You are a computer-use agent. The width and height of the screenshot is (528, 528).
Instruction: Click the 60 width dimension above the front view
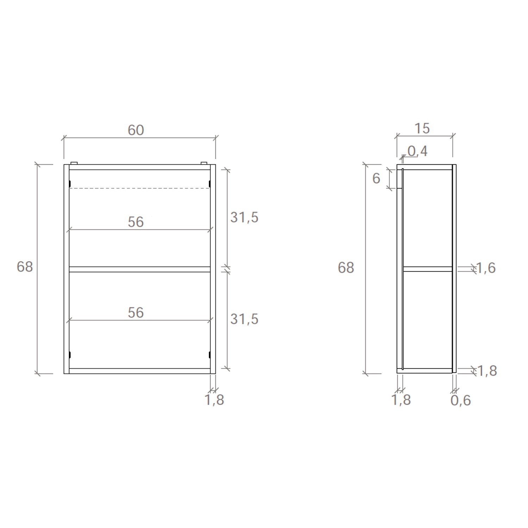pyautogui.click(x=136, y=130)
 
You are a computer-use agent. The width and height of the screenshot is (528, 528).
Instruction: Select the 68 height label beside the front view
pyautogui.click(x=25, y=267)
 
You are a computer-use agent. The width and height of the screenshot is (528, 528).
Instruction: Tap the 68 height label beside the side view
pyautogui.click(x=346, y=268)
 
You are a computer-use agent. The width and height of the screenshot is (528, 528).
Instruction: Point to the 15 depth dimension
pyautogui.click(x=422, y=128)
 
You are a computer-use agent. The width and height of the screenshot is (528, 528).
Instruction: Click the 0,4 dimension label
pyautogui.click(x=417, y=151)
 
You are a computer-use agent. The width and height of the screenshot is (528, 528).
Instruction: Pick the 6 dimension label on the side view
pyautogui.click(x=376, y=178)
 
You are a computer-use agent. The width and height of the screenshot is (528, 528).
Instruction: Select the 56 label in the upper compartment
pyautogui.click(x=136, y=222)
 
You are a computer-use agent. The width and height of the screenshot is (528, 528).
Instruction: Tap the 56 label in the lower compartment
pyautogui.click(x=136, y=313)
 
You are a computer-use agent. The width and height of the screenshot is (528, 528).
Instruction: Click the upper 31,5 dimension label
pyautogui.click(x=244, y=218)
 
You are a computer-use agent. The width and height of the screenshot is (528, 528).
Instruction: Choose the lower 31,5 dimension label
pyautogui.click(x=244, y=319)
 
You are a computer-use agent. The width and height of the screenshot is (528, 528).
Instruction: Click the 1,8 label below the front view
pyautogui.click(x=214, y=400)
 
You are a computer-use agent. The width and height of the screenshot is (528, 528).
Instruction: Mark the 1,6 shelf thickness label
pyautogui.click(x=485, y=268)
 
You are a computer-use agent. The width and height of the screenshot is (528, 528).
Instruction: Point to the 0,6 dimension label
pyautogui.click(x=460, y=400)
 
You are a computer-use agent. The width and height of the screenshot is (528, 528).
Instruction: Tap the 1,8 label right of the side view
pyautogui.click(x=486, y=371)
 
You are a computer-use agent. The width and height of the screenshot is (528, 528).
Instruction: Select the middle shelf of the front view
pyautogui.click(x=139, y=270)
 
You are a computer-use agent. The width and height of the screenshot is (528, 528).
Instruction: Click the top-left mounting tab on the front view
pyautogui.click(x=74, y=163)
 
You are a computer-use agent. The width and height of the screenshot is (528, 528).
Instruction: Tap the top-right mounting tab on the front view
pyautogui.click(x=204, y=163)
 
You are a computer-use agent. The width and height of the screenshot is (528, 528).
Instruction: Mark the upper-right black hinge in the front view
pyautogui.click(x=209, y=184)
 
